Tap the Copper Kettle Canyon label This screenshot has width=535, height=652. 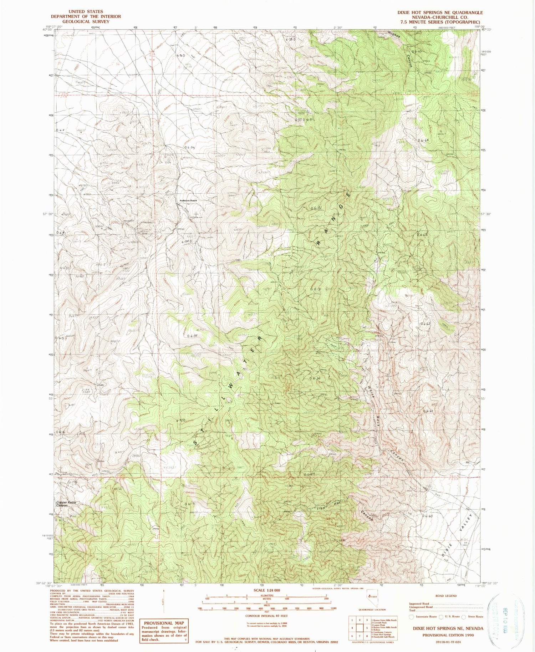[x=66, y=504]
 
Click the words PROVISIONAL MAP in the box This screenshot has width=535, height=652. [x=163, y=623]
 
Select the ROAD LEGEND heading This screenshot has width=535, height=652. [x=446, y=596]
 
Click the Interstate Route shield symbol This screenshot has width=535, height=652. [x=411, y=617]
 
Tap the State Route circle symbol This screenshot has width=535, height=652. [x=464, y=617]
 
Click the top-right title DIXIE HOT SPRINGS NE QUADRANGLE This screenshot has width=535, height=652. [x=440, y=12]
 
